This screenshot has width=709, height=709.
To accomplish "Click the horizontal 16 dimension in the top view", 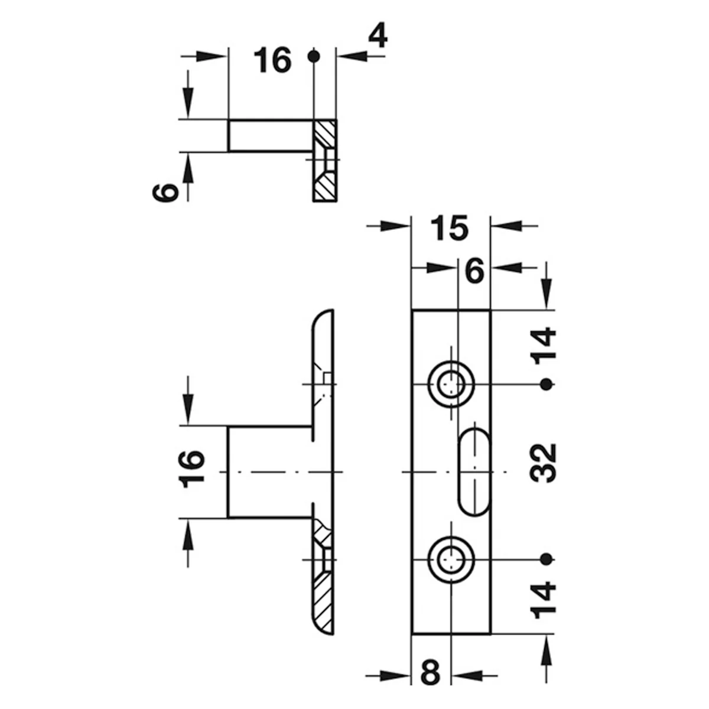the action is (272, 60).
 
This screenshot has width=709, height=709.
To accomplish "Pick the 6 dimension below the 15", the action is (474, 272).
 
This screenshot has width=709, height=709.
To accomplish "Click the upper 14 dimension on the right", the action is (543, 346).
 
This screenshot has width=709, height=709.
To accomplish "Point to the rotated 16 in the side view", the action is (191, 469).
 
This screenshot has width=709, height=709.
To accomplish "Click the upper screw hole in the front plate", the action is (451, 384).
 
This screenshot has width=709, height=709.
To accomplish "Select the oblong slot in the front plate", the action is (474, 472).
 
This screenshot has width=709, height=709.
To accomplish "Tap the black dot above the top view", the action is (314, 57).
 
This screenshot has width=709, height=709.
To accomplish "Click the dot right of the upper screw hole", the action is (547, 384).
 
